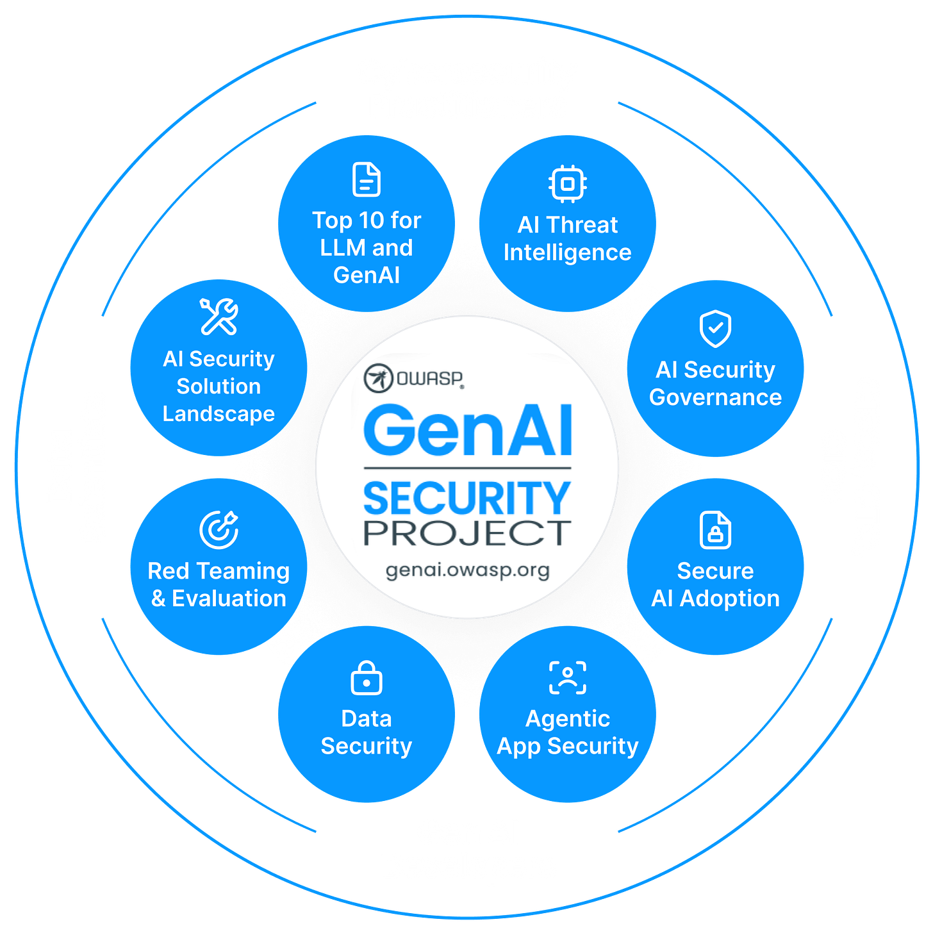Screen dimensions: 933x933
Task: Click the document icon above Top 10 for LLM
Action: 367,179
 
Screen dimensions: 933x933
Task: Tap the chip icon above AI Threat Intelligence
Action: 568,184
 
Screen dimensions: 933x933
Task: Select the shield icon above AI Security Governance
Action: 715,329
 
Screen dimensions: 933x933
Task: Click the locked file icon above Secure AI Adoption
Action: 715,530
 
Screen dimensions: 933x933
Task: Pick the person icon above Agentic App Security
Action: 568,678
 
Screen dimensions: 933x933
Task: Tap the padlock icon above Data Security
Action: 367,678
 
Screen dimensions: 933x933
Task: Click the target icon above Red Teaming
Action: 219,530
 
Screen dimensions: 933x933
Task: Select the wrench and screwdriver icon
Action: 219,317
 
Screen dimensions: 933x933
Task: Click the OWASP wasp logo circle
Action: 378,378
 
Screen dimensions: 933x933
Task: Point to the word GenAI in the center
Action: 468,431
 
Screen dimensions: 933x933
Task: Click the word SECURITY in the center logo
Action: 467,499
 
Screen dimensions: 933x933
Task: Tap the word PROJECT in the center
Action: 467,533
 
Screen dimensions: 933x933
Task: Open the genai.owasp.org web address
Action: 467,570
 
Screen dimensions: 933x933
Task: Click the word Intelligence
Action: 568,253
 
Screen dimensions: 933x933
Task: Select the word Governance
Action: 715,398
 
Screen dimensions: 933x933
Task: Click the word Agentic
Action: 568,719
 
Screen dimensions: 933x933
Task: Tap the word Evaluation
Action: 229,599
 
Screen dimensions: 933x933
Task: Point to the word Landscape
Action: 219,414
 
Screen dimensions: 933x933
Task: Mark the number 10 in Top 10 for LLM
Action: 372,220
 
